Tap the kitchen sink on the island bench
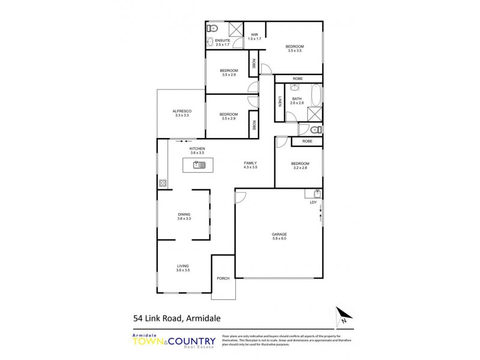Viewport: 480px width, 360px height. (199, 164)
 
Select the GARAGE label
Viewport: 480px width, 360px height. (279, 234)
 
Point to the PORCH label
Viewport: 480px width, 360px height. (223, 278)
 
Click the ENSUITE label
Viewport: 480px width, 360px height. (214, 40)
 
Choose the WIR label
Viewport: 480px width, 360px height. (254, 35)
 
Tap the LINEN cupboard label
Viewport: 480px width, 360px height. (280, 101)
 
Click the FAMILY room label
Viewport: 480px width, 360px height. (251, 163)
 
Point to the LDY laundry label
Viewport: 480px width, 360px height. (313, 202)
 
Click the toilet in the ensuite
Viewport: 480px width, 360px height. (212, 28)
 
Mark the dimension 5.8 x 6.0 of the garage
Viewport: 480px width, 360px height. (279, 239)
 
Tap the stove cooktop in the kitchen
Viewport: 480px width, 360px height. (162, 183)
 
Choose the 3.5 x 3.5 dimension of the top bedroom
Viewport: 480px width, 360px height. (294, 51)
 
